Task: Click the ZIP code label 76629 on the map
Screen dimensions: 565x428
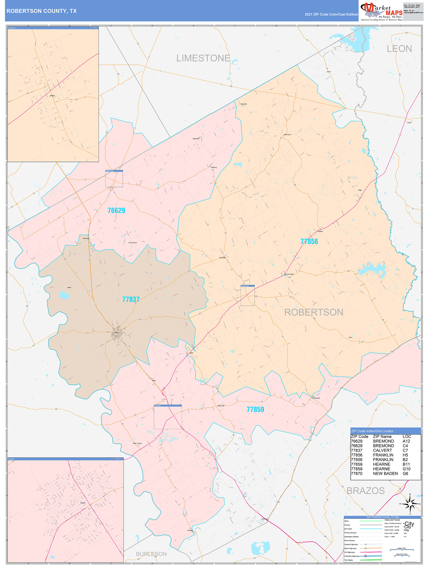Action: coord(116,211)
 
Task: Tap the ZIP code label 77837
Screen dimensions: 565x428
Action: coord(131,299)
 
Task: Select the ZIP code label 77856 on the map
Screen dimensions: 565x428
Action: coord(309,241)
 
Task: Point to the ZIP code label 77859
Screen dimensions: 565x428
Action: coord(255,409)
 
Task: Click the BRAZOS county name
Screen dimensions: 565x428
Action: coord(365,491)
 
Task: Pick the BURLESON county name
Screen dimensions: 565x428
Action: coord(151,554)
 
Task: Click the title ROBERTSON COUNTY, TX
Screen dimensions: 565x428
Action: coord(42,11)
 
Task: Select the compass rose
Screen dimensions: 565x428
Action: coord(410,504)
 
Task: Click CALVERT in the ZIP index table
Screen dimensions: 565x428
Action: coord(382,450)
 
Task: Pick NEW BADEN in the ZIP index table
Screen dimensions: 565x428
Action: coord(385,474)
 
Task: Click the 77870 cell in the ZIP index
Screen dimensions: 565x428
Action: coord(357,474)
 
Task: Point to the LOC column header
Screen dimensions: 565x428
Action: coord(407,437)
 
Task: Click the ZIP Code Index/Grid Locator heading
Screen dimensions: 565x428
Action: coord(372,431)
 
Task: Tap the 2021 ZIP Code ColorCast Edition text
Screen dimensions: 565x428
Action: coord(331,14)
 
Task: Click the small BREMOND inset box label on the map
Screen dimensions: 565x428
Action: coord(109,171)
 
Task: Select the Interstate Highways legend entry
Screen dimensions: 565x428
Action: coord(352,556)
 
